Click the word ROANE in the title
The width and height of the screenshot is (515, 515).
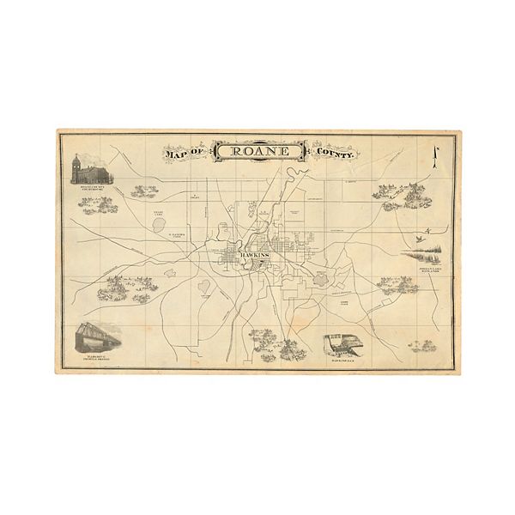pos(259,152)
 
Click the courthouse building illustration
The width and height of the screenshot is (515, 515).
pos(92,169)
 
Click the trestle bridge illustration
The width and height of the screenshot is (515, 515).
pos(97,336)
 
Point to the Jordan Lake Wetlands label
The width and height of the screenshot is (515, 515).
pos(429,270)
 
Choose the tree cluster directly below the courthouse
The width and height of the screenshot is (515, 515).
pos(97,205)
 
